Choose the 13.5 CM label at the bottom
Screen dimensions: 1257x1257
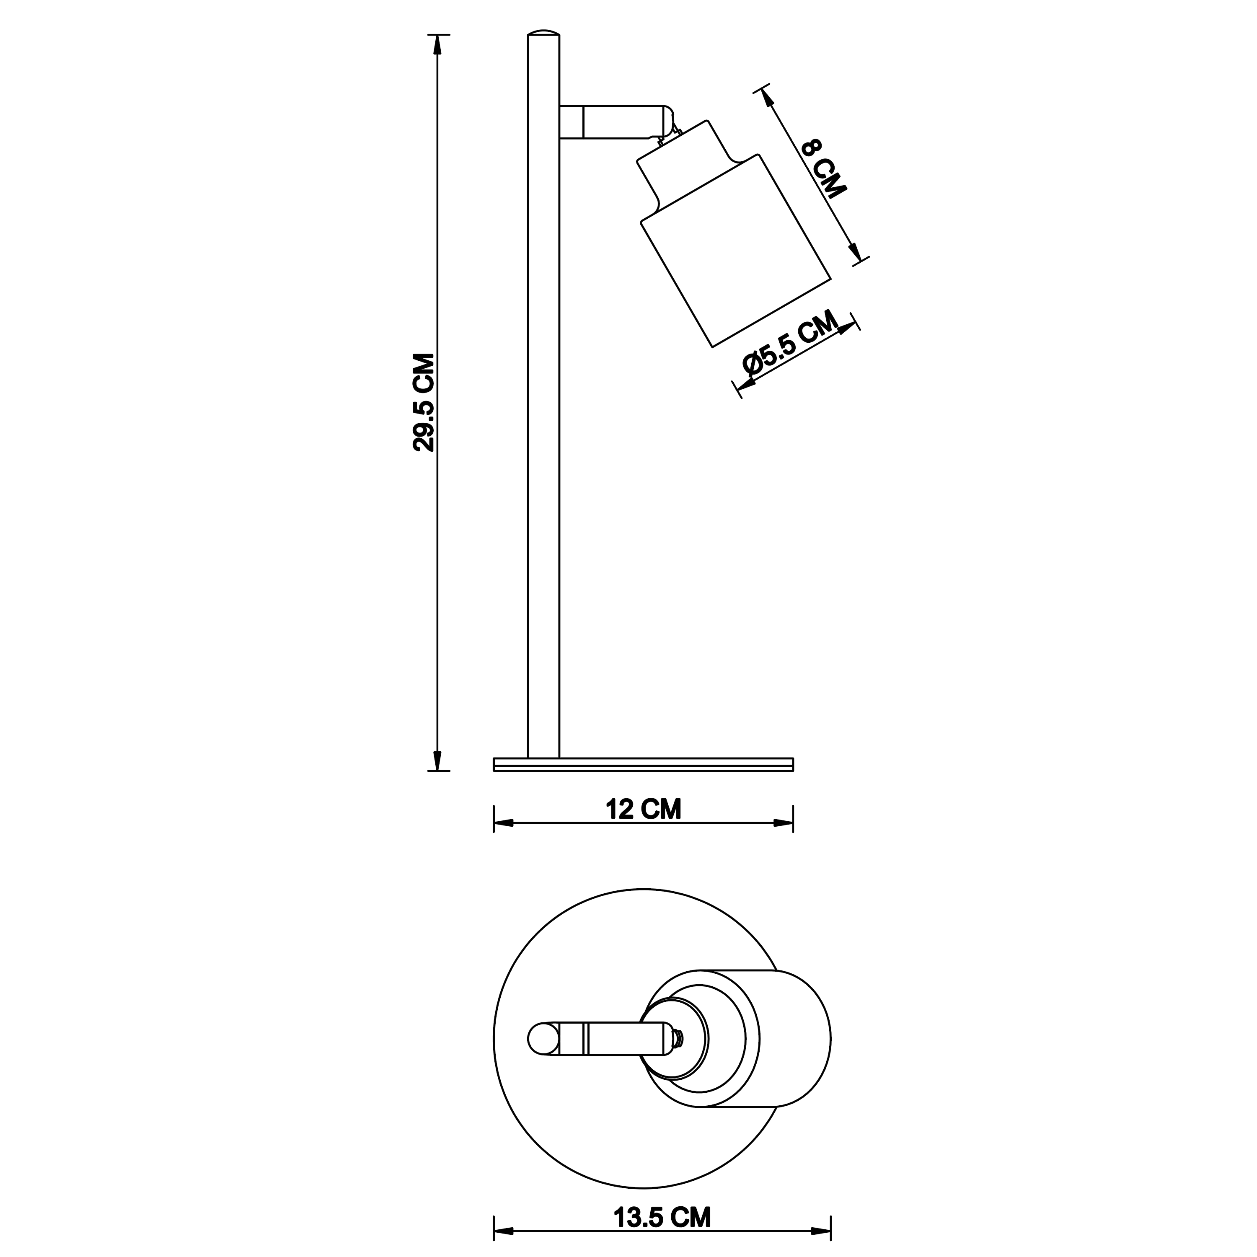tap(662, 1217)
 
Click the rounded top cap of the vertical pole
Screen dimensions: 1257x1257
tap(543, 33)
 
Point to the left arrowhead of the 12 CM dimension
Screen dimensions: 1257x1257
tap(504, 823)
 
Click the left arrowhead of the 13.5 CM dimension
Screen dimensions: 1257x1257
tap(504, 1231)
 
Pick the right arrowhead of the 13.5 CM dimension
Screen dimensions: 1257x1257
tap(821, 1231)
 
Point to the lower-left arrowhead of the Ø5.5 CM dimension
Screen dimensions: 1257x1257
tap(746, 384)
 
